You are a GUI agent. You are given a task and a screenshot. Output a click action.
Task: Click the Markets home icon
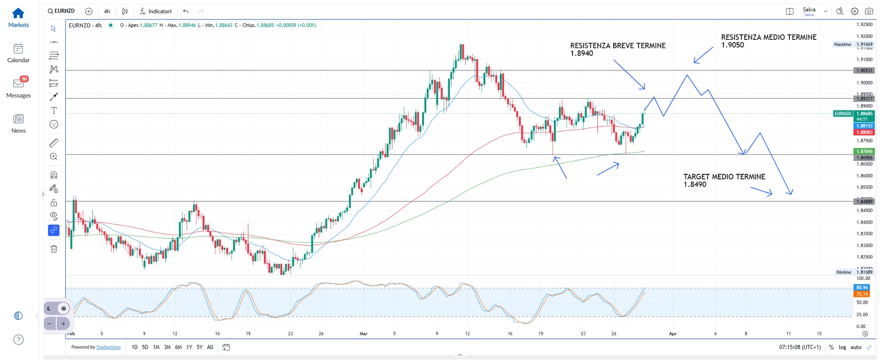18,13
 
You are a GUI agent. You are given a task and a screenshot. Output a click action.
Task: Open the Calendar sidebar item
18,48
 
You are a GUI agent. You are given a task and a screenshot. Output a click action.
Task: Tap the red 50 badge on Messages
24,79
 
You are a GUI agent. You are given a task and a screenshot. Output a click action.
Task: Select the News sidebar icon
18,119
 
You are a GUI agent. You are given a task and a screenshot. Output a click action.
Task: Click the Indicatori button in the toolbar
156,11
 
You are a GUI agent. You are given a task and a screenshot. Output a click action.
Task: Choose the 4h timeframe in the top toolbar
107,11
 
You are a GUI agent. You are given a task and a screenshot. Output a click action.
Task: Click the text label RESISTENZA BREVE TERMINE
617,46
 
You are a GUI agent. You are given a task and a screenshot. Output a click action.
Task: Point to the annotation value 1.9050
732,45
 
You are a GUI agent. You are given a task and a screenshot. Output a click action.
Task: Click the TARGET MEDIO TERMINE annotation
724,177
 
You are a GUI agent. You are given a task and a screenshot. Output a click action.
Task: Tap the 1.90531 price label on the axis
864,70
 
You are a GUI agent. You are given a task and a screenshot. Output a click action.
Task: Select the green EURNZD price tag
842,113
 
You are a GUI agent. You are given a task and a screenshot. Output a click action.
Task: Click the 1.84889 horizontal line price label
864,201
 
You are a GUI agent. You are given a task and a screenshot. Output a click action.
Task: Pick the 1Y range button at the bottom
189,347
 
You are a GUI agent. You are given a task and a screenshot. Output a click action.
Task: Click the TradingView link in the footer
108,347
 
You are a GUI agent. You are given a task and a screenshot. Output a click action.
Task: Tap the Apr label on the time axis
672,333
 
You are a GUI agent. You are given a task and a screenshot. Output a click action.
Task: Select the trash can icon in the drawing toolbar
54,249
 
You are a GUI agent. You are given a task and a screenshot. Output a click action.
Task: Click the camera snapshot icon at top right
869,11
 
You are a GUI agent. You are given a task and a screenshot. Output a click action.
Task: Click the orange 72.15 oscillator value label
862,294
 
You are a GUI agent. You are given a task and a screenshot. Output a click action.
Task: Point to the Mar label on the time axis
364,333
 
